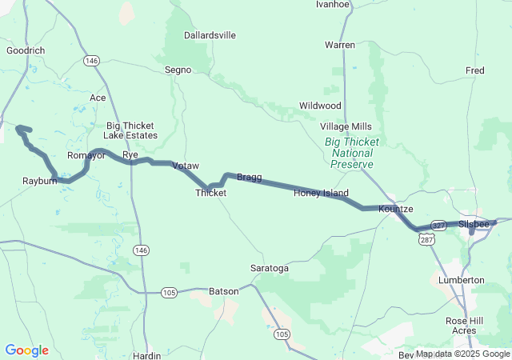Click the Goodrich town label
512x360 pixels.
(25, 50)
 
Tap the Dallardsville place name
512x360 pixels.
(210, 35)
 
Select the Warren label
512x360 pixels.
(339, 45)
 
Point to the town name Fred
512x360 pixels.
(474, 70)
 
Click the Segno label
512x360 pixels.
(178, 70)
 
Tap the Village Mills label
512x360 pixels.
(346, 126)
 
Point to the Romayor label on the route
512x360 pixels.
(86, 155)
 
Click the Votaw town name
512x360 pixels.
(185, 165)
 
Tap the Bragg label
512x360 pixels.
(249, 177)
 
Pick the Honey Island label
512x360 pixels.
(321, 193)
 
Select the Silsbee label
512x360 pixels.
(474, 224)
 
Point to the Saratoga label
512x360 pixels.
(270, 268)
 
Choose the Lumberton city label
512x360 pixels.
(462, 280)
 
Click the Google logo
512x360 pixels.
(26, 350)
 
